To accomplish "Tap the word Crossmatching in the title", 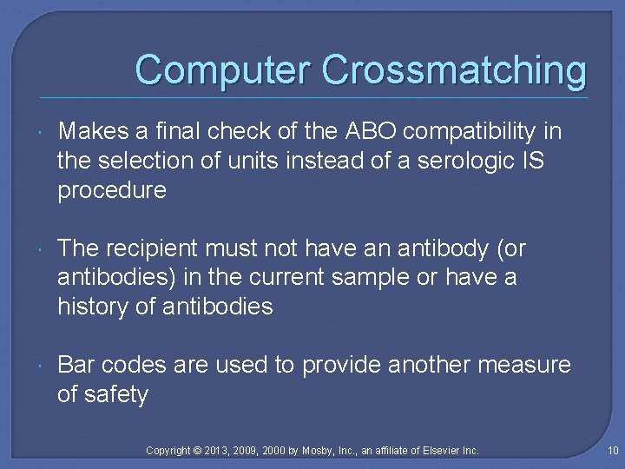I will coord(454,69).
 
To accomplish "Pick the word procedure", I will coord(112,191).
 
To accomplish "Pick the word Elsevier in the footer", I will coord(438,450).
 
